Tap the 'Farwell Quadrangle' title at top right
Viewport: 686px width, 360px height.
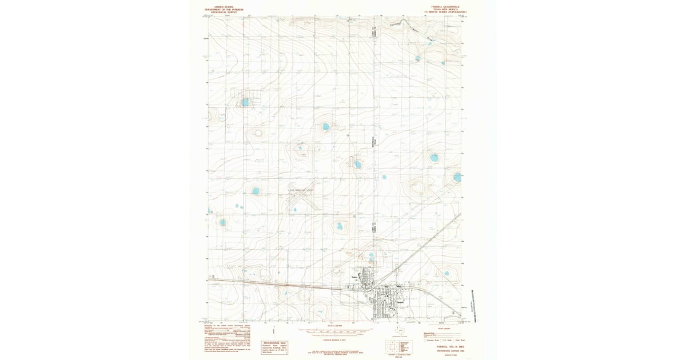pyautogui.click(x=445, y=7)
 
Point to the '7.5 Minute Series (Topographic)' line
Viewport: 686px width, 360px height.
pyautogui.click(x=445, y=12)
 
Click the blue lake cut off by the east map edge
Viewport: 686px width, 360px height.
pyautogui.click(x=457, y=178)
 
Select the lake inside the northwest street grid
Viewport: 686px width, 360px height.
pyautogui.click(x=245, y=102)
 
